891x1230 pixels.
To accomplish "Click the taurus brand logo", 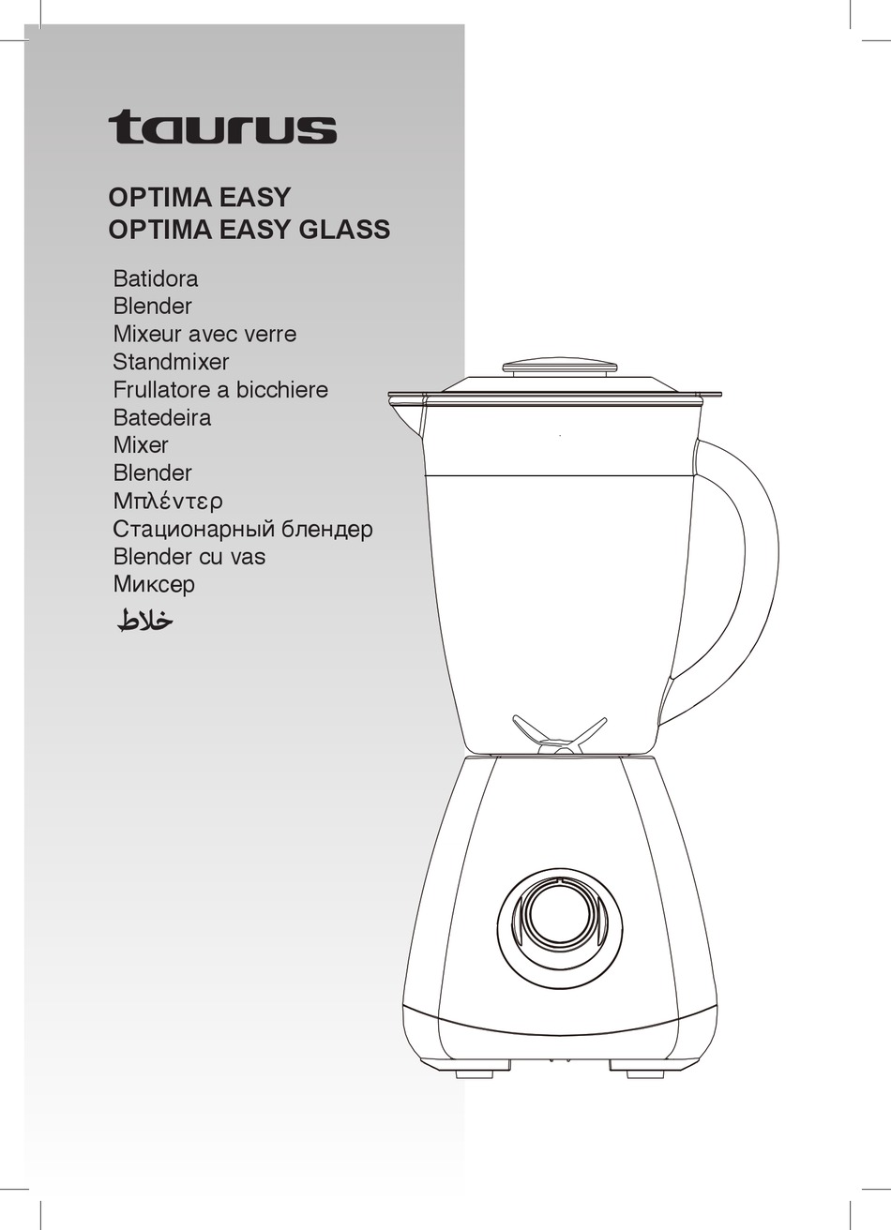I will (222, 127).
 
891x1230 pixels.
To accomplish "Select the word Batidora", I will (156, 278).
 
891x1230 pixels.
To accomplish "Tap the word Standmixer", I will (171, 361).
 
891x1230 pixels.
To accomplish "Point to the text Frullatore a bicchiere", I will (220, 389).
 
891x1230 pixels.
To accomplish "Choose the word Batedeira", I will (162, 417).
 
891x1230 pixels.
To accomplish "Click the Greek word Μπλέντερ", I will (168, 501).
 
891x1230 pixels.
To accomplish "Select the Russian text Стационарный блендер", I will (243, 529).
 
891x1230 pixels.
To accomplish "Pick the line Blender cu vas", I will (189, 556).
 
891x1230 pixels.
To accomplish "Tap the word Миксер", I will (155, 584).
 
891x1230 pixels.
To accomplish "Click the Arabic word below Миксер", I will (145, 620).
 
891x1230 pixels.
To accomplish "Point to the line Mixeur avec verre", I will (204, 334).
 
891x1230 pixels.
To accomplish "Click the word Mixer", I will (141, 444).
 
